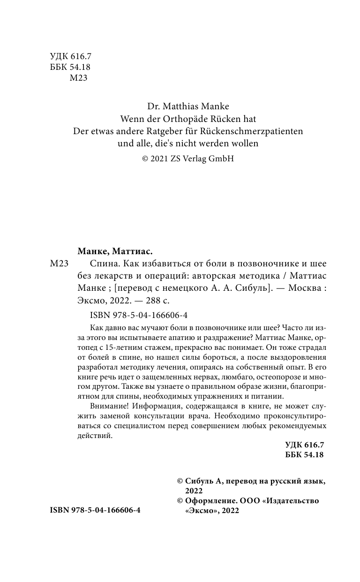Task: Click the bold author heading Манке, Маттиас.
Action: click(x=114, y=251)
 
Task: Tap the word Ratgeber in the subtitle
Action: click(x=156, y=131)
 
